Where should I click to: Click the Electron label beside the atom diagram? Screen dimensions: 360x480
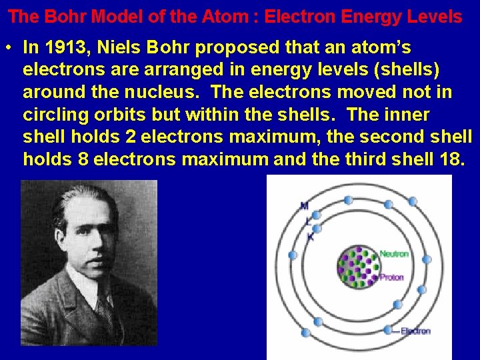(x=415, y=331)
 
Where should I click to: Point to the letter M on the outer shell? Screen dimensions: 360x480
(x=304, y=205)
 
